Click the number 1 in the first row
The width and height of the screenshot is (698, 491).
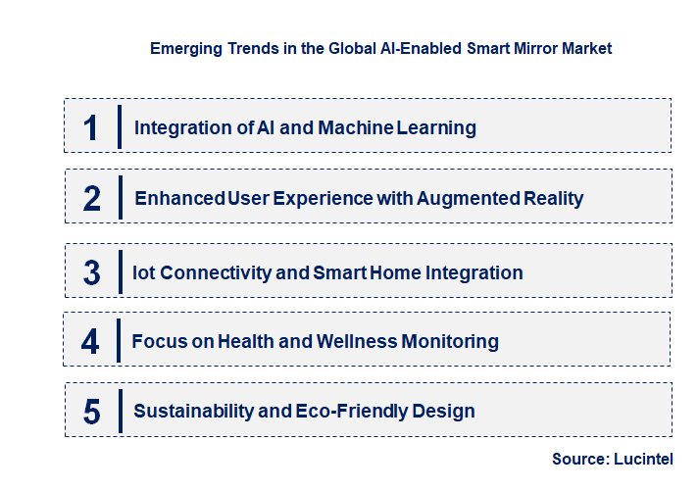point(91,127)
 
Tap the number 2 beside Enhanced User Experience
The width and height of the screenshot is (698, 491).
point(92,198)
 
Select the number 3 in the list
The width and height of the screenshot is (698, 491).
point(92,272)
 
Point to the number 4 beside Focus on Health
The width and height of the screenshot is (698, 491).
point(91,342)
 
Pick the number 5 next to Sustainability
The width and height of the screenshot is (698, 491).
point(92,412)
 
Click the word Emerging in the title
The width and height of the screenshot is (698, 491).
point(182,48)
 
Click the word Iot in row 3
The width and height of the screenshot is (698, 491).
point(143,272)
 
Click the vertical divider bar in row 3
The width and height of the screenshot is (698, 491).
point(119,270)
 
